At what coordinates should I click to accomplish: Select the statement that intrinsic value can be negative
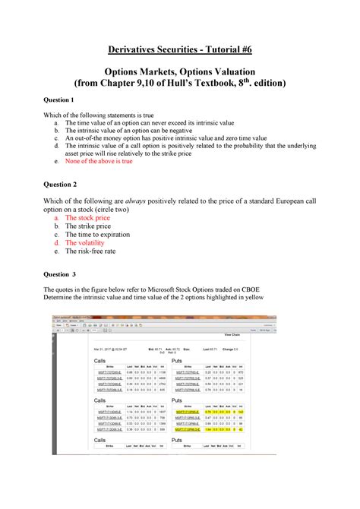tap(130, 130)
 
